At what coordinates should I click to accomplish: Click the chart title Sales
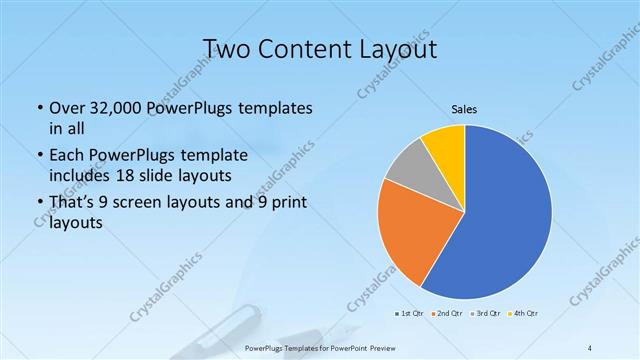pos(465,108)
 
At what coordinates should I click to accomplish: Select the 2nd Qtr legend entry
pos(448,313)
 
